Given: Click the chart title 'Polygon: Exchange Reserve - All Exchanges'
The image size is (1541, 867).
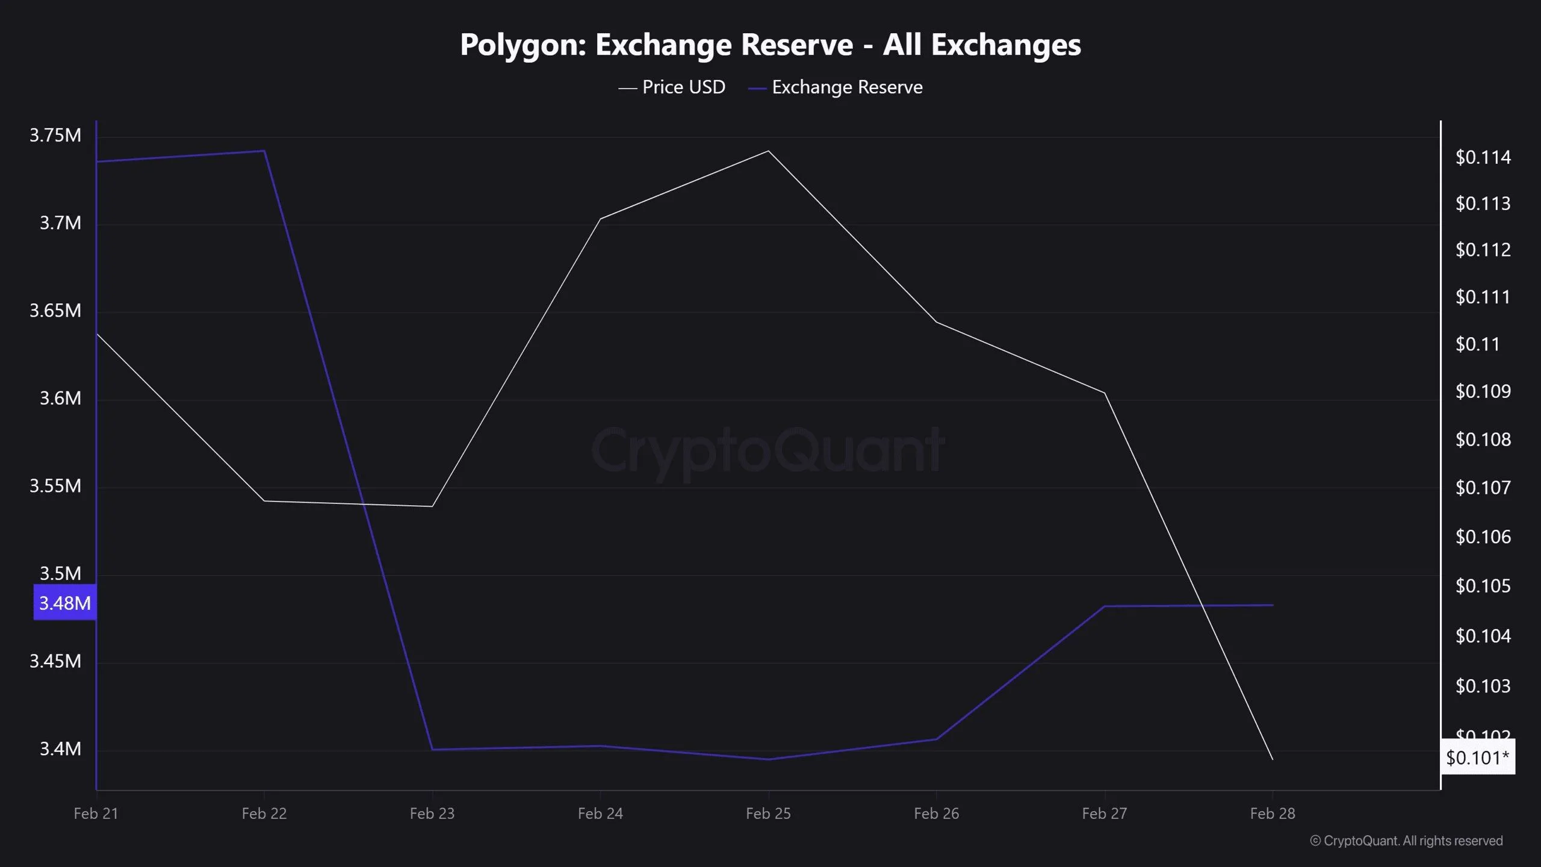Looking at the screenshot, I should coord(770,45).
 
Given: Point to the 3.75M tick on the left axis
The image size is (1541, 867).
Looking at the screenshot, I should coord(55,135).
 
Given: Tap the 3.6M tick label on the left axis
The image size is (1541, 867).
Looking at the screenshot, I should coord(60,398).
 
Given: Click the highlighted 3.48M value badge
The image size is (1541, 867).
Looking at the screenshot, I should coord(64,603).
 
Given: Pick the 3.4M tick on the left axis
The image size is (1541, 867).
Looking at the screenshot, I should coord(60,749).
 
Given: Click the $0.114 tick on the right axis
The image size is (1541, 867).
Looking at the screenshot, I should coord(1483,158).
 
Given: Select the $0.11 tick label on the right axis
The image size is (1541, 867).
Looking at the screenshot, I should coord(1477,344).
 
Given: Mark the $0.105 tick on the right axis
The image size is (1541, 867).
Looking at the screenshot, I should coord(1483,586).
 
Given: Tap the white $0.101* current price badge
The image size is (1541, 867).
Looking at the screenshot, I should coord(1477,757).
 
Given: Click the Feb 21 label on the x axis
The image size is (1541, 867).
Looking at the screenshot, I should coord(96,813).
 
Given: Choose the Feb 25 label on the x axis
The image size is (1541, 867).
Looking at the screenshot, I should coord(768,813).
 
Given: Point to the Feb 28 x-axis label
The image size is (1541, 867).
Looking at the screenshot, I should coord(1272,813).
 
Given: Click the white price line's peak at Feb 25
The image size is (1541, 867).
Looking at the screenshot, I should coord(768,151).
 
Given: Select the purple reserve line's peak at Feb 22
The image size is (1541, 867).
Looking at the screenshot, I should coord(264,151).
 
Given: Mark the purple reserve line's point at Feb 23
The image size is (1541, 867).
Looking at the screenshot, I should coord(432,750).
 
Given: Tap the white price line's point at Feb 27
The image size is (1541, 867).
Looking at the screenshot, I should coord(1105,393).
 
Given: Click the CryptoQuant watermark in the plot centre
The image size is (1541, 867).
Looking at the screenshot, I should coord(768,450).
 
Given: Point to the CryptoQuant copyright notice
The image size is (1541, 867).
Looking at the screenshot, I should coord(1406,841).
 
